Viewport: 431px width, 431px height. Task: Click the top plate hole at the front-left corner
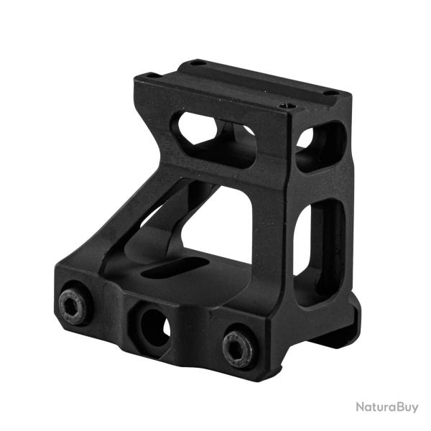(149, 76)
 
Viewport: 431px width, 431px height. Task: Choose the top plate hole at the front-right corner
(287, 106)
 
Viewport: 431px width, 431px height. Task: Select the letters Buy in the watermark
(406, 408)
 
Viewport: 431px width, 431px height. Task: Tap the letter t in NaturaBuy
(374, 408)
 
